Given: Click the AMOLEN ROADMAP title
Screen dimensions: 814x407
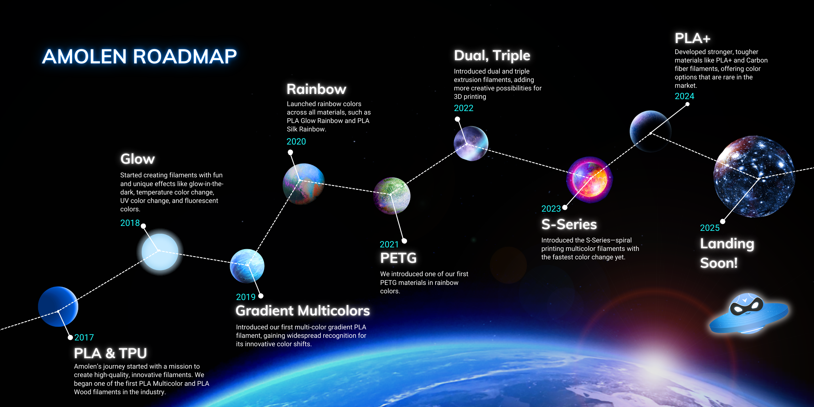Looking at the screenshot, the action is tap(139, 57).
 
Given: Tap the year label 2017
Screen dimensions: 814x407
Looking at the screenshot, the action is tap(84, 338).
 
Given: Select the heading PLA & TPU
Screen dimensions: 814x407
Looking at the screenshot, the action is tap(110, 353).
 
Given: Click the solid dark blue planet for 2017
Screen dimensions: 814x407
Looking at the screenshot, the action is tap(58, 306).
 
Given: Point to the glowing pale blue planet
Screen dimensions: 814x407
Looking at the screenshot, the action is tap(160, 252).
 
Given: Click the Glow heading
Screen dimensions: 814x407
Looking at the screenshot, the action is tap(138, 159).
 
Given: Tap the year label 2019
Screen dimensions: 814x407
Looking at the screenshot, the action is tap(246, 297).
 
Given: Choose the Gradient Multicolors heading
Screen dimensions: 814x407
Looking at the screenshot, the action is tap(303, 310).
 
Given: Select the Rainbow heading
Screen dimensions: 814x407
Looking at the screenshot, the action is tap(316, 89).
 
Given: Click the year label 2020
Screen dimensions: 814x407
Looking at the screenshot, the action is tap(296, 142).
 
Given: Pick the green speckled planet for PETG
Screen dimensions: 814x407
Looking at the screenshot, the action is tap(392, 196).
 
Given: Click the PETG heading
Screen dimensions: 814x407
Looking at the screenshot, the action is tap(399, 258).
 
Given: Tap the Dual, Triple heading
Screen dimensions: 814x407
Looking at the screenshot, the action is tap(492, 56).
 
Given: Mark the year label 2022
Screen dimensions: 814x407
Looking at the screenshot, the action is tap(464, 108).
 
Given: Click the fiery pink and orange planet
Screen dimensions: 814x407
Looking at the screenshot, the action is tap(589, 179).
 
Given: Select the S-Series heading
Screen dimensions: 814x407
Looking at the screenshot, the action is tap(569, 224).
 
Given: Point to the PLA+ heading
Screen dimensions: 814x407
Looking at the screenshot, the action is tap(692, 38).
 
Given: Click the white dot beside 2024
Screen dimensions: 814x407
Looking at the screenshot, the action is tap(687, 104).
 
